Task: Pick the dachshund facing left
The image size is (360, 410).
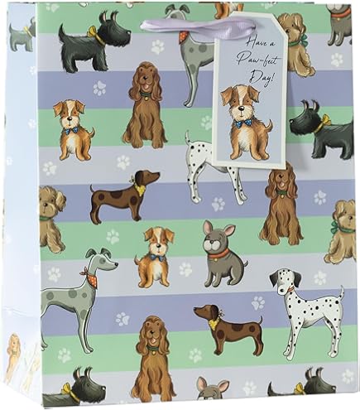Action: click(214, 321)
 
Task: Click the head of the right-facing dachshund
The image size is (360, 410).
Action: click(148, 178)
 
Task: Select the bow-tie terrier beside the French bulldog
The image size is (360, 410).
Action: click(154, 254)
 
